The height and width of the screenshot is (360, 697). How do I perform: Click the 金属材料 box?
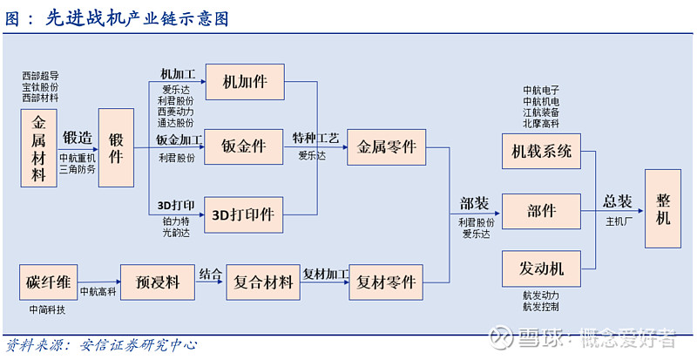click(38, 148)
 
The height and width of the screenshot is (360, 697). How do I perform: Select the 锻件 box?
click(116, 147)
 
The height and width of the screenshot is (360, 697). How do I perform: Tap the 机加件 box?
click(243, 82)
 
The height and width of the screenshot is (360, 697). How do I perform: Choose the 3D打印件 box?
click(243, 214)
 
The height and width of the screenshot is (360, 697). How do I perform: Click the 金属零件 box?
click(387, 147)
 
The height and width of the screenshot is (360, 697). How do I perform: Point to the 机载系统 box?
click(541, 151)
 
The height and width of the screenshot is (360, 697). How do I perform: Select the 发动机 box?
click(541, 268)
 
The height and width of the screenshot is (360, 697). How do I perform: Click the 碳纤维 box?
click(46, 282)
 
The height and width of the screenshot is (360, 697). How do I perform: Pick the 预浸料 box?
click(157, 282)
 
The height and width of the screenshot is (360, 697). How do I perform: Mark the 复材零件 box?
click(387, 282)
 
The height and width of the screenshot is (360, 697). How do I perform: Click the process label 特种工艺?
click(315, 138)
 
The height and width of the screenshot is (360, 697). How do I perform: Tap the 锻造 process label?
click(77, 138)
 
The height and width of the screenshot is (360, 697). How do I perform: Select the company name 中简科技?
click(46, 310)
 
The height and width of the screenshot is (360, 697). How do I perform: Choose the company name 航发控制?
click(541, 307)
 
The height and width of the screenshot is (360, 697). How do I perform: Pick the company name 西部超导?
click(41, 76)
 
